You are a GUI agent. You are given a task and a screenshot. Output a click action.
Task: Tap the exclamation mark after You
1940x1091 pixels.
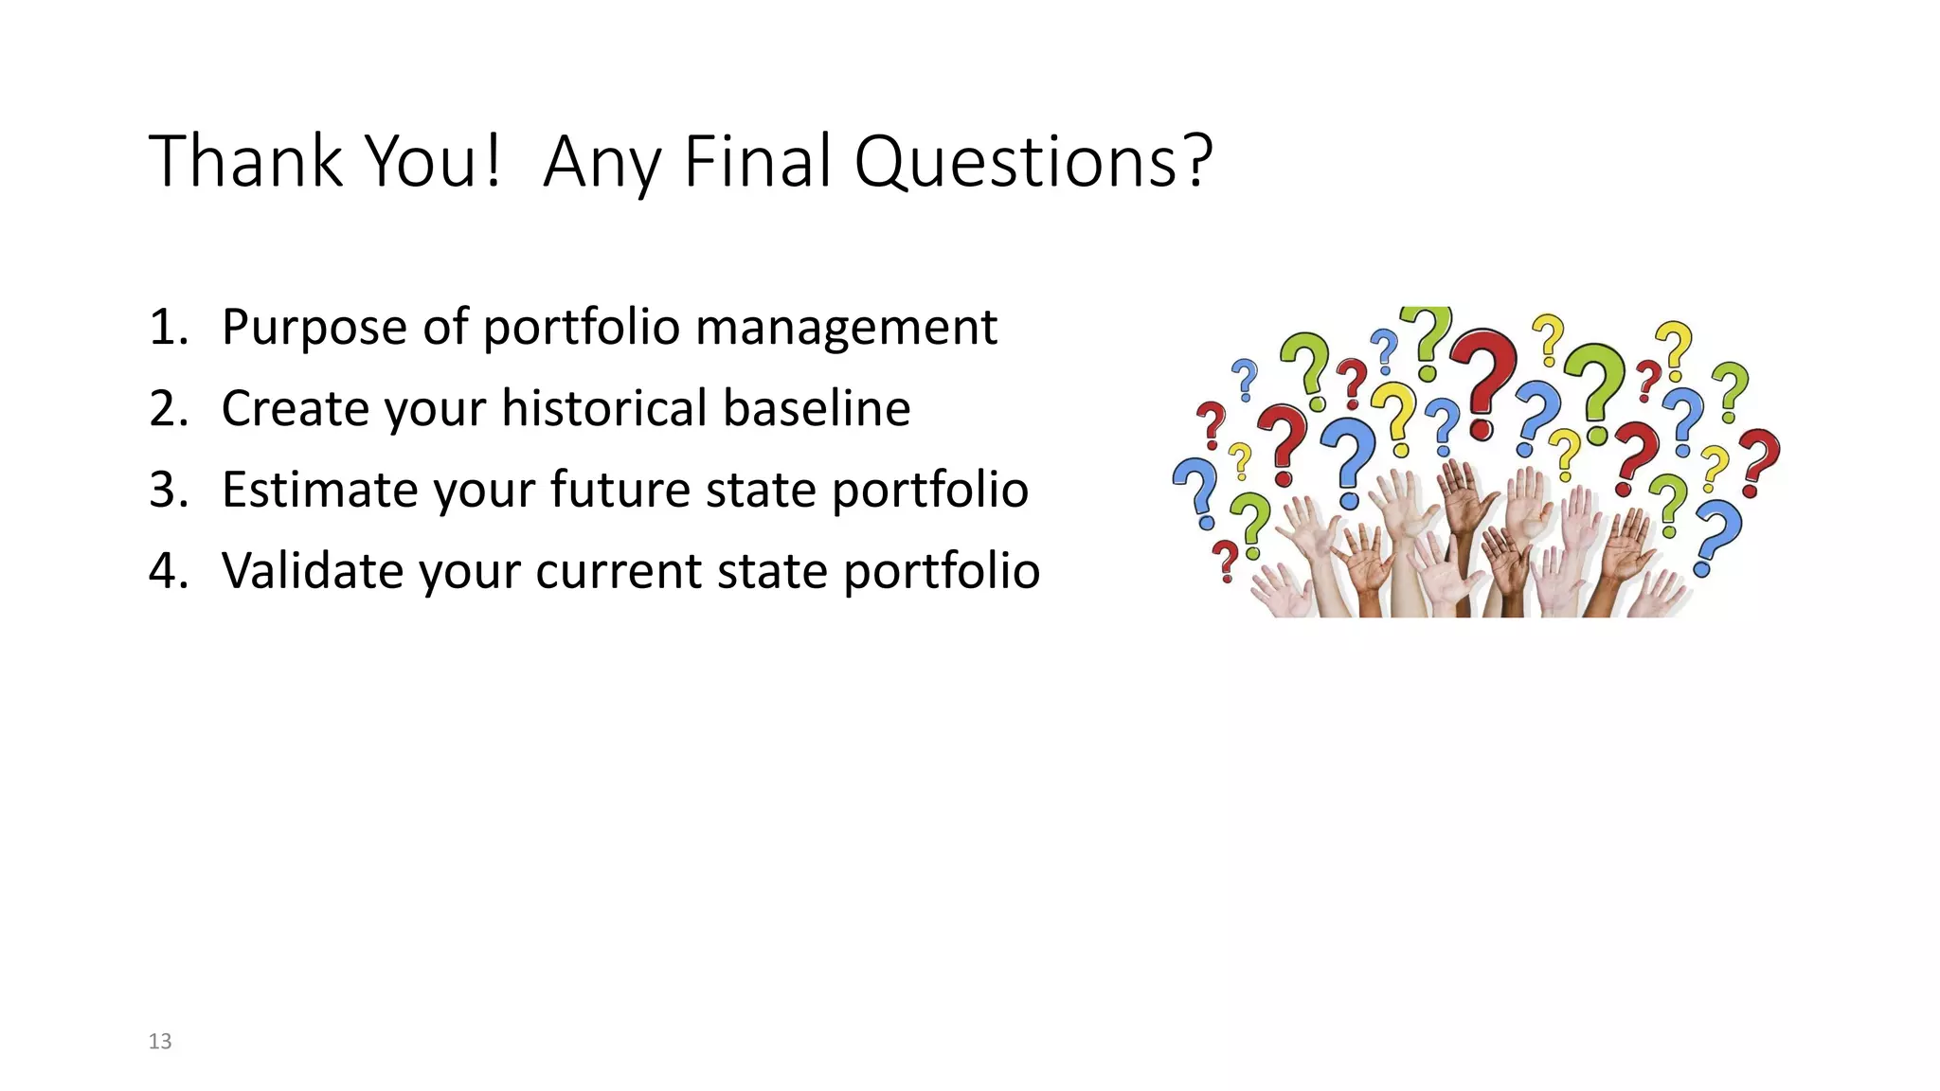click(x=491, y=161)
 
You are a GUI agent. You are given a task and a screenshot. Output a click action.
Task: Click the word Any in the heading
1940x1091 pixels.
click(x=602, y=166)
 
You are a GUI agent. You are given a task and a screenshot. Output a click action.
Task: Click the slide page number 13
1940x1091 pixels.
click(x=160, y=1042)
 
